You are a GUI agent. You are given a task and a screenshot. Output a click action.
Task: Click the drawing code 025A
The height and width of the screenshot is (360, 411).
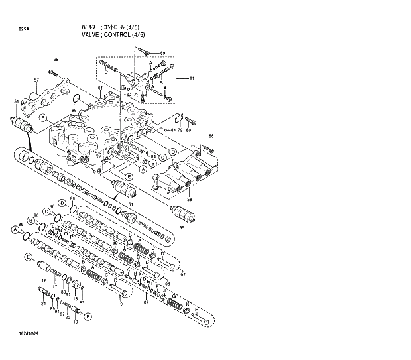pos(24,29)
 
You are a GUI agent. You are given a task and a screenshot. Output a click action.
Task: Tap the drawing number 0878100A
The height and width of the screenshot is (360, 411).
pos(29,333)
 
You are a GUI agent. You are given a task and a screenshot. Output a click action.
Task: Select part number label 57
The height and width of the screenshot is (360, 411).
pos(37,80)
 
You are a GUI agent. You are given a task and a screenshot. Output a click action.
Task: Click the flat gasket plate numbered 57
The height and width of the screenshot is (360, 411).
pos(46,97)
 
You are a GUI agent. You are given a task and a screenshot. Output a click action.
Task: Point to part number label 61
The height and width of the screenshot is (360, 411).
pos(192,80)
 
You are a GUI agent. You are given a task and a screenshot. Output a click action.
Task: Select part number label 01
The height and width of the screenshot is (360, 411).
pos(101,88)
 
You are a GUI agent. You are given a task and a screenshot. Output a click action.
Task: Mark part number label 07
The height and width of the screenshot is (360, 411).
pos(183,274)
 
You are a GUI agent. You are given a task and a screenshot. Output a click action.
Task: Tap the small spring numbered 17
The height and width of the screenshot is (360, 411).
pos(61,274)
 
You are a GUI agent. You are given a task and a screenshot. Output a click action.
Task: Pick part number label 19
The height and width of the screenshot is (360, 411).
pos(76,322)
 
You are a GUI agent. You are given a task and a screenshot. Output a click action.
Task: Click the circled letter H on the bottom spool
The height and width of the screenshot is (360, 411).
pos(196,308)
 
